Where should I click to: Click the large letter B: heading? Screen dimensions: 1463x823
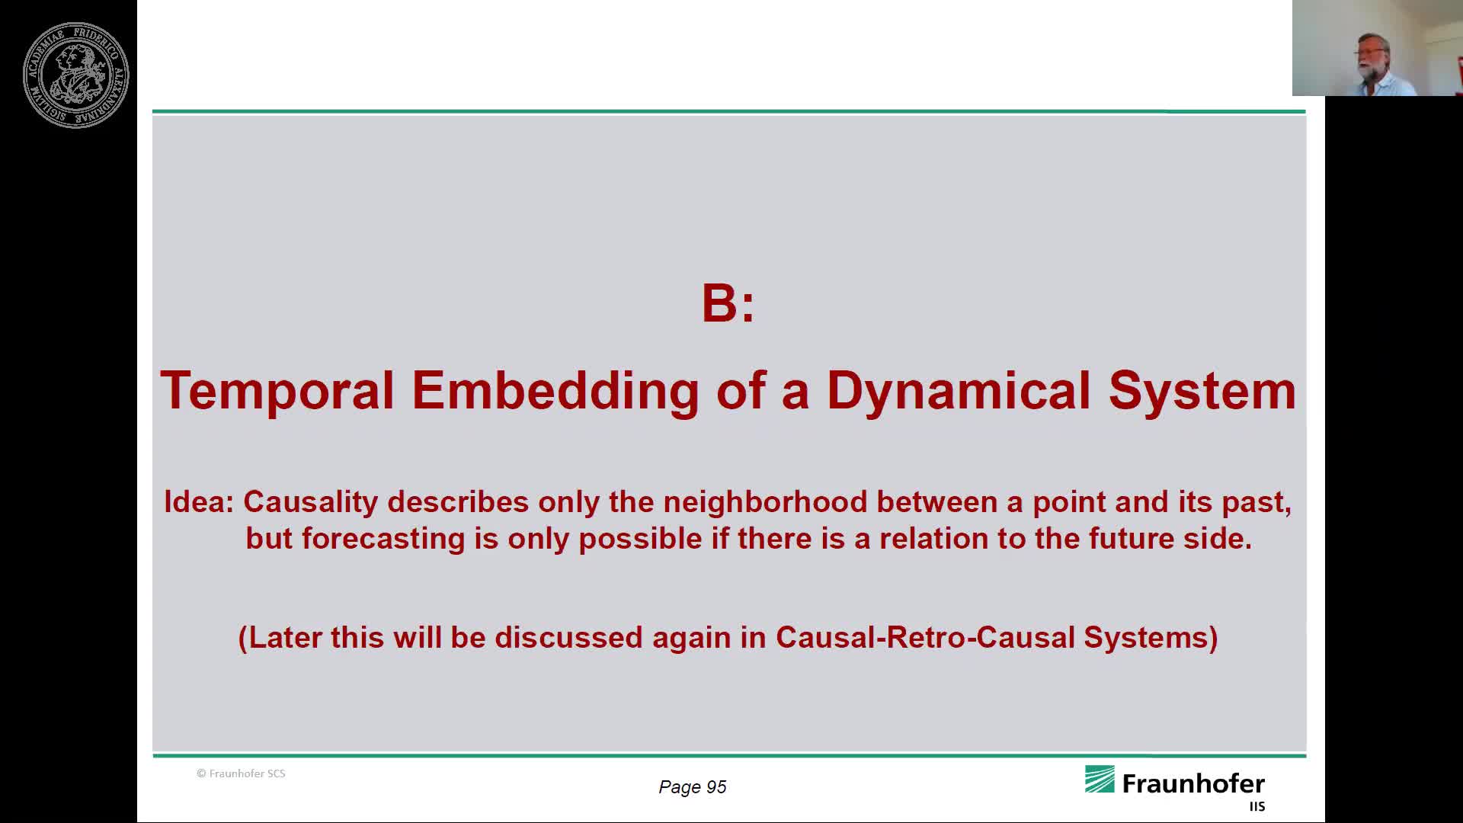(x=728, y=303)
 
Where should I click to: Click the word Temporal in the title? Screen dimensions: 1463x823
(x=277, y=391)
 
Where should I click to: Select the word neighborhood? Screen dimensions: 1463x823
(x=765, y=502)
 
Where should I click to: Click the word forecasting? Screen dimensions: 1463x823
(x=383, y=539)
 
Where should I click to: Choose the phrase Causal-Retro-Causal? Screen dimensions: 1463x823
(x=925, y=638)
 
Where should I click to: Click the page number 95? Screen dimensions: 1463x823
(x=716, y=787)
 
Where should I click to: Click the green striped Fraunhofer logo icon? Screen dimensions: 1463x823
(x=1100, y=780)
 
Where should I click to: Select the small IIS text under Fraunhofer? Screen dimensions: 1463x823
(x=1257, y=806)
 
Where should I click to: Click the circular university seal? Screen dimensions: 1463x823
(x=75, y=75)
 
